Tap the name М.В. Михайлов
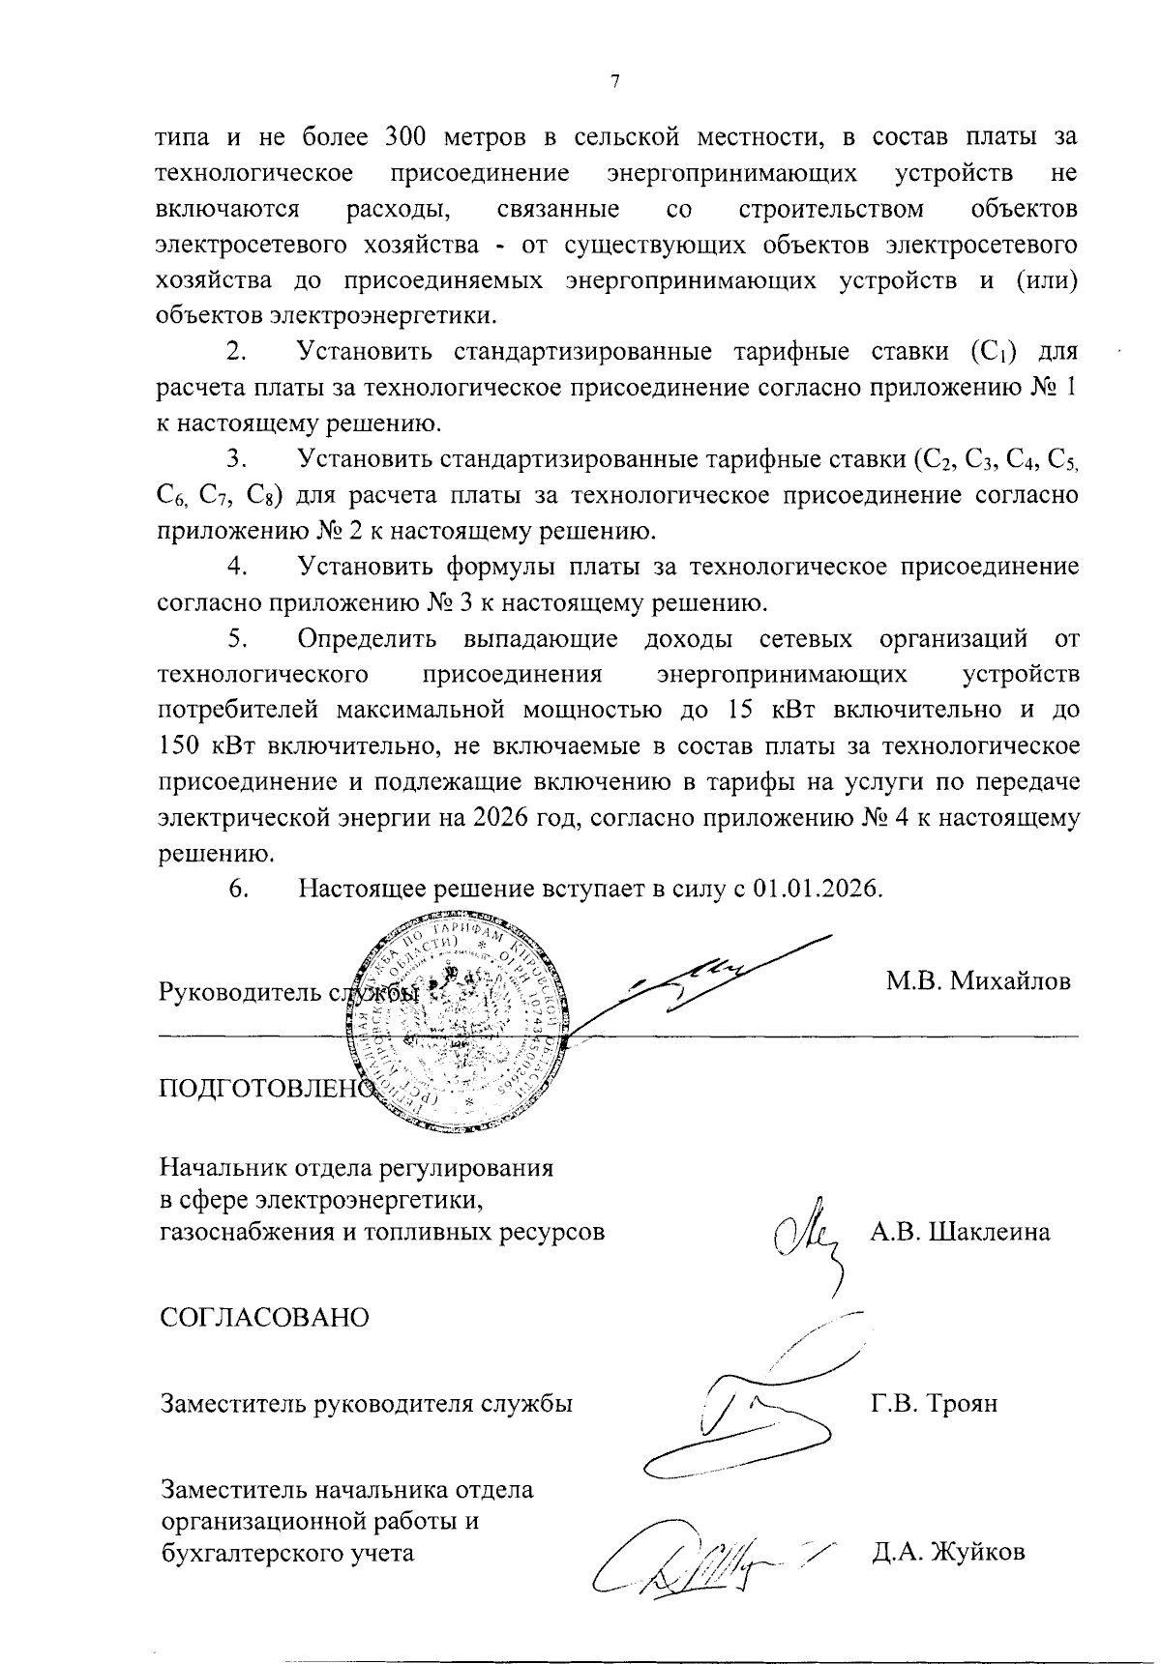click(978, 981)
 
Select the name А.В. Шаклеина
click(960, 1233)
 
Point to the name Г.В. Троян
click(934, 1403)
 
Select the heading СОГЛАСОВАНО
click(264, 1318)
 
